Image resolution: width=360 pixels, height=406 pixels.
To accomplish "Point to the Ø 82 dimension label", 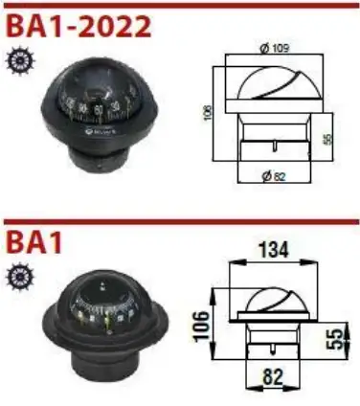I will [273, 175].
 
